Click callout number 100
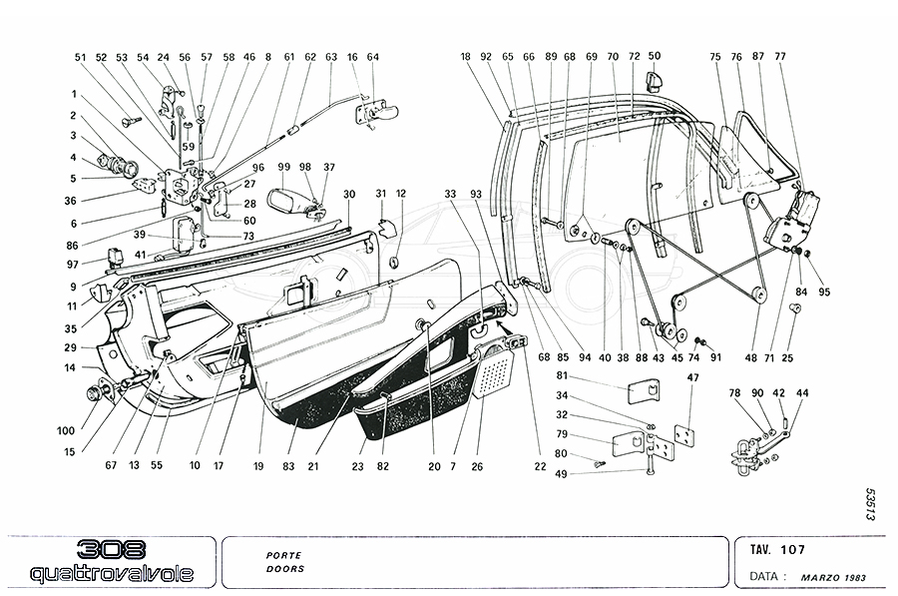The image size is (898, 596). (67, 430)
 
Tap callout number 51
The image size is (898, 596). (81, 58)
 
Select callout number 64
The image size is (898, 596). (373, 57)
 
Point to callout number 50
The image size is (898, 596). (655, 57)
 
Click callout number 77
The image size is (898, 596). (779, 57)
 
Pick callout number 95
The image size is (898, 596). (825, 293)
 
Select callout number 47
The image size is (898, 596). (692, 376)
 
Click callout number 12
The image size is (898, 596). (401, 193)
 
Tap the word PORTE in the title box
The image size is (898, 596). (284, 554)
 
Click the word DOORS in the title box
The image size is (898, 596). (285, 569)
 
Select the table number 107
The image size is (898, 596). (794, 549)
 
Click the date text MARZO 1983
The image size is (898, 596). (835, 578)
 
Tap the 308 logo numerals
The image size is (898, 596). (111, 550)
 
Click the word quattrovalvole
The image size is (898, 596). (111, 573)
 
